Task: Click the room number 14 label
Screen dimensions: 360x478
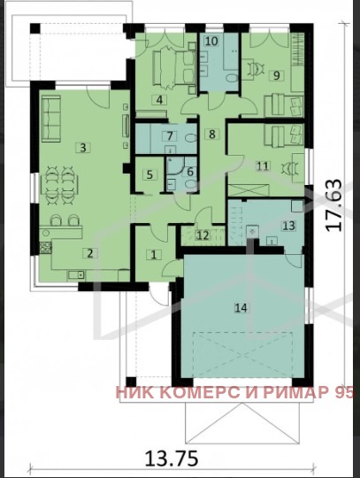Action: point(241,307)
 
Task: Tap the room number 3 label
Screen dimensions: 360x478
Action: point(83,148)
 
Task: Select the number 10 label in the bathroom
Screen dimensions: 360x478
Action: point(211,41)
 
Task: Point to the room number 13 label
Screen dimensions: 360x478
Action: point(288,226)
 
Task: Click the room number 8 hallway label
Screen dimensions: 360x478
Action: point(212,134)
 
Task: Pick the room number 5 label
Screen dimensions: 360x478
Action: point(149,174)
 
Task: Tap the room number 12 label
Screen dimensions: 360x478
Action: point(203,235)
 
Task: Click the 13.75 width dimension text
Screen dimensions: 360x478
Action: point(172,458)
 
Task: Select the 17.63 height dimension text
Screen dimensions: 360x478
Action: point(334,205)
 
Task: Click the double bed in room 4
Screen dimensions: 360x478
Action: point(174,67)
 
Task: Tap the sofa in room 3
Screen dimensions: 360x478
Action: point(51,119)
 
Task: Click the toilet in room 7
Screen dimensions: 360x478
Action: point(191,138)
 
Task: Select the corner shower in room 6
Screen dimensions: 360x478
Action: point(175,165)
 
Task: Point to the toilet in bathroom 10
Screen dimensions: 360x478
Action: point(232,78)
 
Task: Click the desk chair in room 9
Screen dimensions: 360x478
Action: point(256,69)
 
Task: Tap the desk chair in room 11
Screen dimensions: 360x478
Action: point(287,168)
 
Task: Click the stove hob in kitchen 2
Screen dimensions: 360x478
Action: point(46,248)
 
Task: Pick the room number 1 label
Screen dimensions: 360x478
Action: point(154,255)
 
